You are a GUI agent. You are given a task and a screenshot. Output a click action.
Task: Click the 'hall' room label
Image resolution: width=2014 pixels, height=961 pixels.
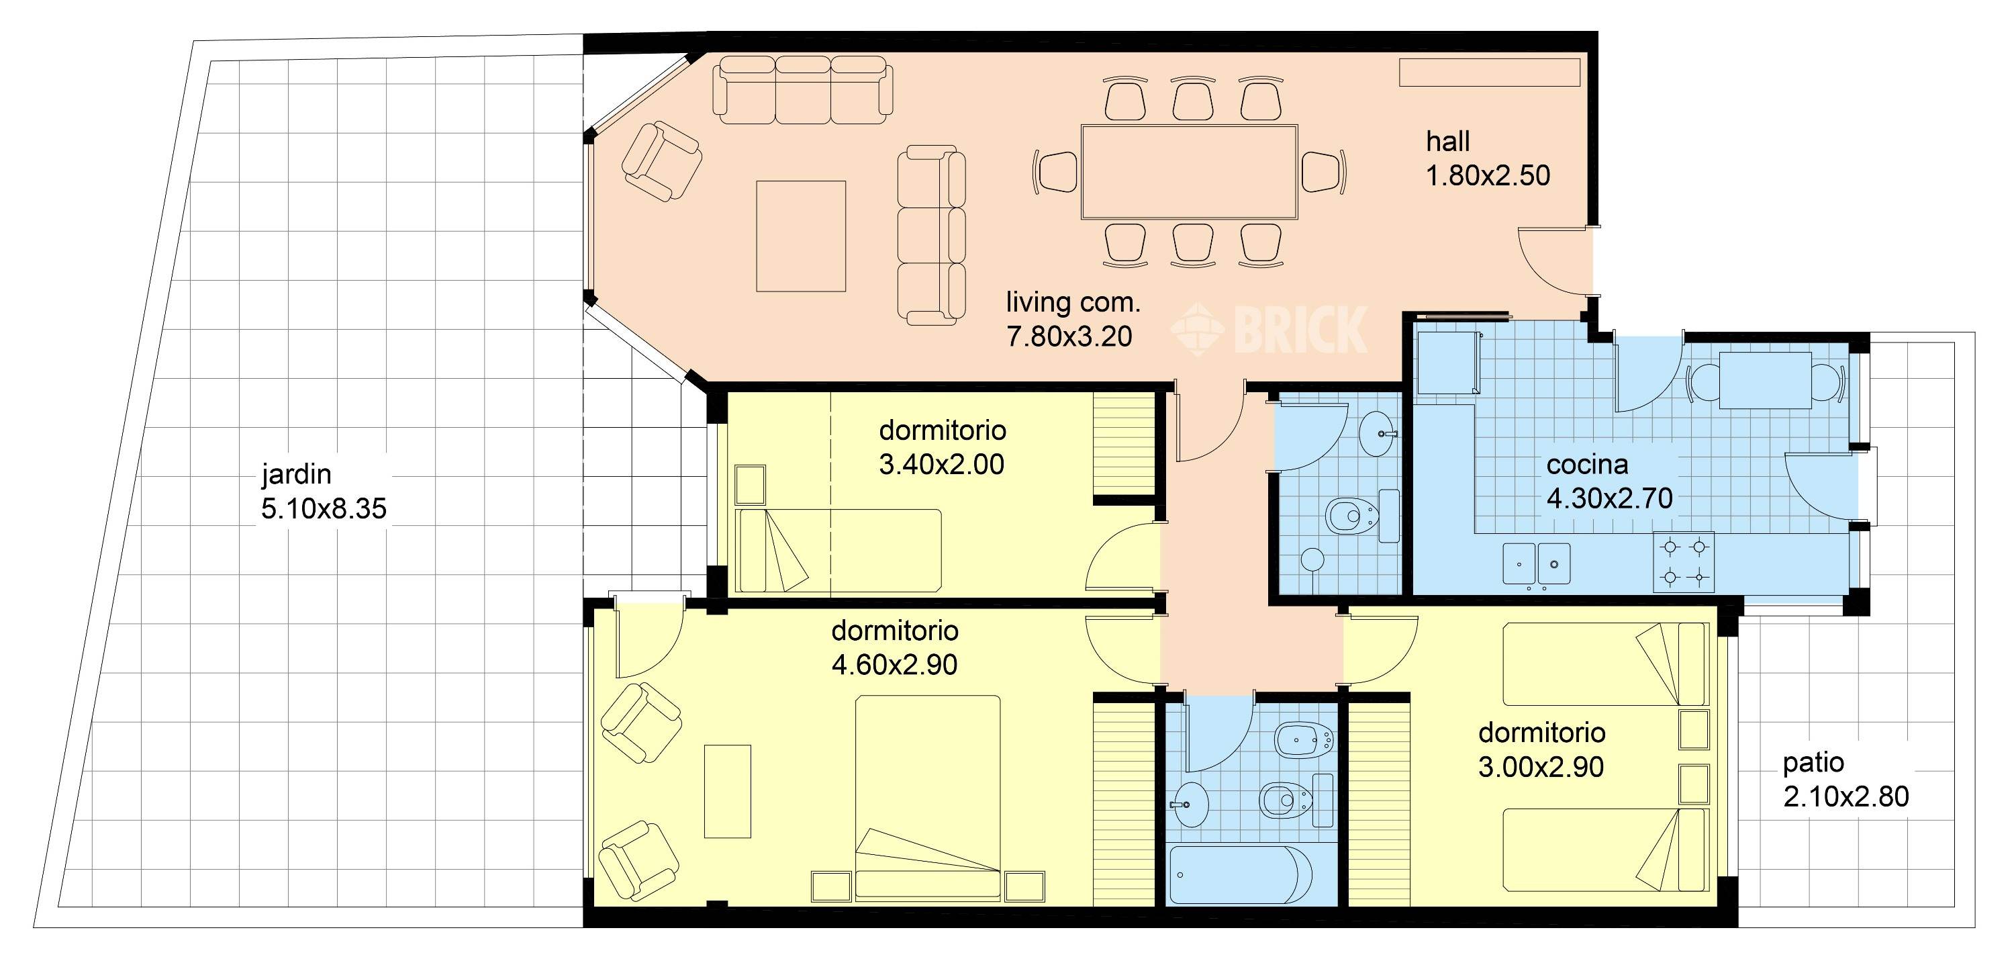pos(1447,142)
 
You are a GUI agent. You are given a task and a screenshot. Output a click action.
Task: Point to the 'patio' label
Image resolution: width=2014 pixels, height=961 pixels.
pos(1813,762)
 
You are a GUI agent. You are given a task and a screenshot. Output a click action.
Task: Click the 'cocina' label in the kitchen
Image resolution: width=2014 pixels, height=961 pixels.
pos(1587,465)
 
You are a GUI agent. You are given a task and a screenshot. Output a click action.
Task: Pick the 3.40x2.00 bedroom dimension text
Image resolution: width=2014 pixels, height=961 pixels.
pos(941,465)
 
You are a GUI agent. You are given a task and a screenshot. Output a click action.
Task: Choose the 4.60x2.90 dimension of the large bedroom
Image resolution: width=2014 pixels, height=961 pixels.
pos(894,665)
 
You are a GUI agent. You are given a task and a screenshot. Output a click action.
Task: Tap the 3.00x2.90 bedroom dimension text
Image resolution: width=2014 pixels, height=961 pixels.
pos(1541,767)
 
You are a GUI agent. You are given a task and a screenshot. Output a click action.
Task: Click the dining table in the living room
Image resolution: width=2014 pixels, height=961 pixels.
pos(1189,171)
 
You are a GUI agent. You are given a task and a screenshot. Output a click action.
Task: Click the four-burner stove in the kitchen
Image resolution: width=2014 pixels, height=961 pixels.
pos(1683,561)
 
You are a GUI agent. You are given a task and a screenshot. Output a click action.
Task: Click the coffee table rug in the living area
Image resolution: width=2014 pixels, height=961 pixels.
pos(801,236)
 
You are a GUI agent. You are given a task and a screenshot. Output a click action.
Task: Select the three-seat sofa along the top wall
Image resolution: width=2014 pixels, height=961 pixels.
pos(803,90)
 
